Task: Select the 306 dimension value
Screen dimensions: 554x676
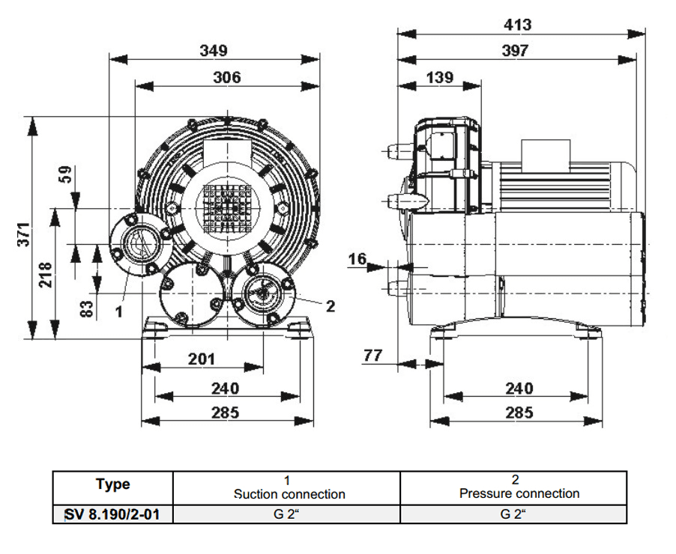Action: point(226,77)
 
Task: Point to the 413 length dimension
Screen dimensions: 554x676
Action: point(517,24)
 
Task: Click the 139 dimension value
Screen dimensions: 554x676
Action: point(440,77)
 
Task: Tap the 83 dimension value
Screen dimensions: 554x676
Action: point(87,307)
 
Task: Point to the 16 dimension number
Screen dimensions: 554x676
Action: point(358,259)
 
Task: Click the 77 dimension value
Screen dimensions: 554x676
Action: point(373,355)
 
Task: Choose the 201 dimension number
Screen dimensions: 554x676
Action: point(202,359)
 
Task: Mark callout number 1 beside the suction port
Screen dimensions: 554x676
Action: point(118,311)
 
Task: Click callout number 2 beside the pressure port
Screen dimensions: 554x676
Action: point(330,305)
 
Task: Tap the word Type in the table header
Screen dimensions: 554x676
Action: point(112,484)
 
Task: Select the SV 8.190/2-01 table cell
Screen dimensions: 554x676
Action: point(112,515)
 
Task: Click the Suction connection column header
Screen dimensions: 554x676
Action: point(289,494)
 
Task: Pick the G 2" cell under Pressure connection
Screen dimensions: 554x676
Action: point(513,515)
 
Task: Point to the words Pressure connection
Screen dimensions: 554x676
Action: point(519,493)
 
